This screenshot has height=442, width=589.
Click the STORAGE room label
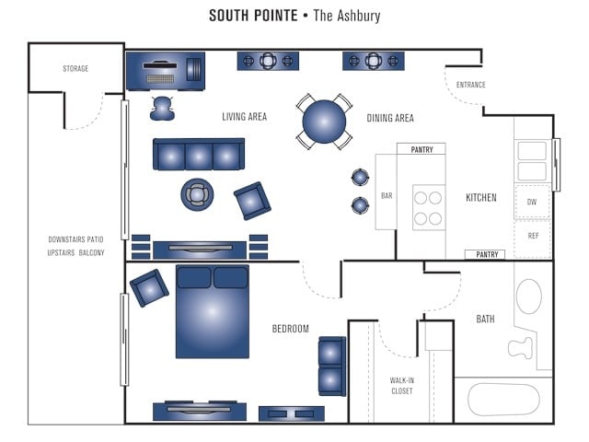75,69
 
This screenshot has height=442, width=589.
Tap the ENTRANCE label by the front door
470,85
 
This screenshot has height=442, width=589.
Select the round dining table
325,121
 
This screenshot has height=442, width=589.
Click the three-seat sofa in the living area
199,156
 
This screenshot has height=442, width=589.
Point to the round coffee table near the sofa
197,194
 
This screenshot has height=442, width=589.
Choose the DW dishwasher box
532,201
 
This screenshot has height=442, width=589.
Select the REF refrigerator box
532,236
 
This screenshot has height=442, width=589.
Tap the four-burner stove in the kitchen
428,207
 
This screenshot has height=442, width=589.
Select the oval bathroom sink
528,297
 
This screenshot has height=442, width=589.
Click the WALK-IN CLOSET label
401,385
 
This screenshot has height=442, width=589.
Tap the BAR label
387,196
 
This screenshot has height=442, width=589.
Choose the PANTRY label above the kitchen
421,148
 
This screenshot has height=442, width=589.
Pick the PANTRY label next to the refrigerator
488,254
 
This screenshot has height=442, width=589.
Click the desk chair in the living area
163,108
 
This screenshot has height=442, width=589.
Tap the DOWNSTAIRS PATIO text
76,239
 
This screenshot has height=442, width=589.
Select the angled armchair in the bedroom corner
148,287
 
